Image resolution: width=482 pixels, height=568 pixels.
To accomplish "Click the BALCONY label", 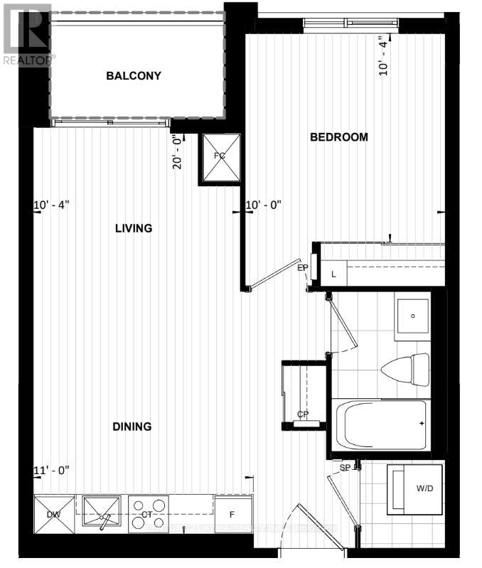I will point(134,76).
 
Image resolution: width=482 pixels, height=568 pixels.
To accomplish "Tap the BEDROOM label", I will point(339,137).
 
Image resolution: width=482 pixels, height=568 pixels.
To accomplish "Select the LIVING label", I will point(134,228).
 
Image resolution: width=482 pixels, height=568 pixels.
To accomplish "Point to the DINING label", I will point(132,427).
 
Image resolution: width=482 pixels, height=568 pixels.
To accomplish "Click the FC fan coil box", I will point(220,156).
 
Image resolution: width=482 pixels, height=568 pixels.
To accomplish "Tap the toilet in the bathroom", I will point(405,369).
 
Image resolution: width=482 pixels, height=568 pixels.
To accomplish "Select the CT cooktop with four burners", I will point(149,514).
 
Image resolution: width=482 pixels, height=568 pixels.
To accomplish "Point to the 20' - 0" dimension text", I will point(178,152).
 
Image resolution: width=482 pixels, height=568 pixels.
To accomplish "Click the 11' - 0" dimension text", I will point(51,471).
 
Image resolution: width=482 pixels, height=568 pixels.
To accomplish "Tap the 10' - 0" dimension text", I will point(264,205).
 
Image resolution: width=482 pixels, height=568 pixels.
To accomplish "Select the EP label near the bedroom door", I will point(302,268).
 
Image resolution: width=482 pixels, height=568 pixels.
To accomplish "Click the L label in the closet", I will point(334,274).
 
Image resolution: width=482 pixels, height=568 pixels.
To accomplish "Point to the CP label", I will point(302,414).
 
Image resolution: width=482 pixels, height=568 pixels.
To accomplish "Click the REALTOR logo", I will point(26,33).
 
